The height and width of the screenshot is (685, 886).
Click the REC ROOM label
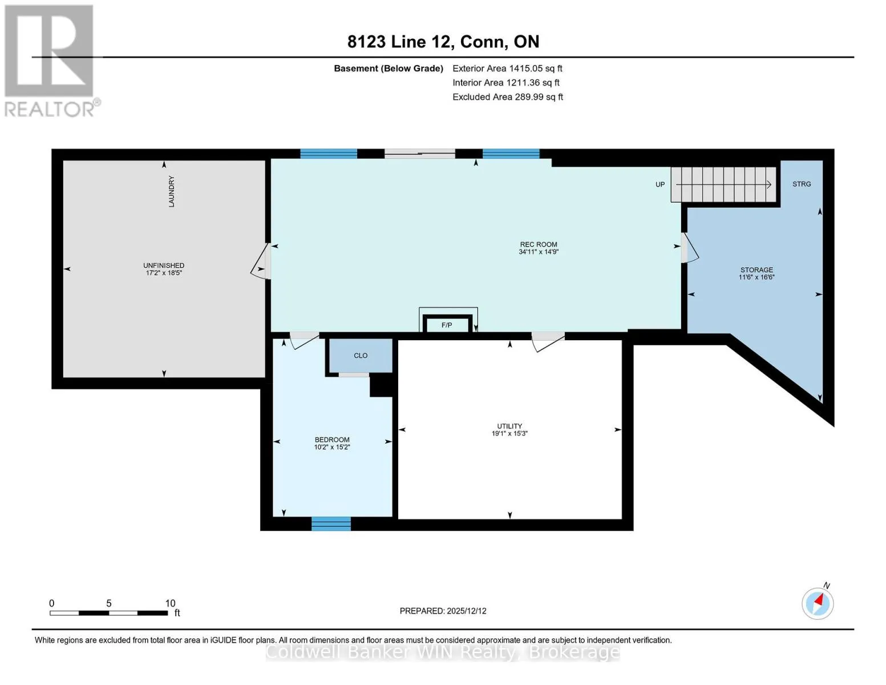click(538, 244)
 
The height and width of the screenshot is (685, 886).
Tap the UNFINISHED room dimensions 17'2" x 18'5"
click(164, 273)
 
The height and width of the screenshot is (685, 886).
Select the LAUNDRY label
click(172, 191)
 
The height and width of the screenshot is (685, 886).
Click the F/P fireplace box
click(447, 325)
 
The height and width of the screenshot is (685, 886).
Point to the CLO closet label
click(361, 356)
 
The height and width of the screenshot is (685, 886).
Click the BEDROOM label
click(332, 440)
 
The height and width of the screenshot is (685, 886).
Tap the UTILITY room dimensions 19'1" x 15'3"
click(509, 434)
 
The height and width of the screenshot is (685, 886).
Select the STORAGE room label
click(756, 270)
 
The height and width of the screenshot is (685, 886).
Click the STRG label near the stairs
click(802, 184)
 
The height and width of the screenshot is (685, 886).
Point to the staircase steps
click(724, 184)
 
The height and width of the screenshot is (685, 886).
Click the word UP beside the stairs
click(660, 184)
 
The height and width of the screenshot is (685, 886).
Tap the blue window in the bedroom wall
click(331, 524)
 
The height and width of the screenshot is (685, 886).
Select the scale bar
click(109, 613)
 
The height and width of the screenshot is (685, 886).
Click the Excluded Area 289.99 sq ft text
click(508, 97)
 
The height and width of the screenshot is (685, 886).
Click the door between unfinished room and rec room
click(261, 261)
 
